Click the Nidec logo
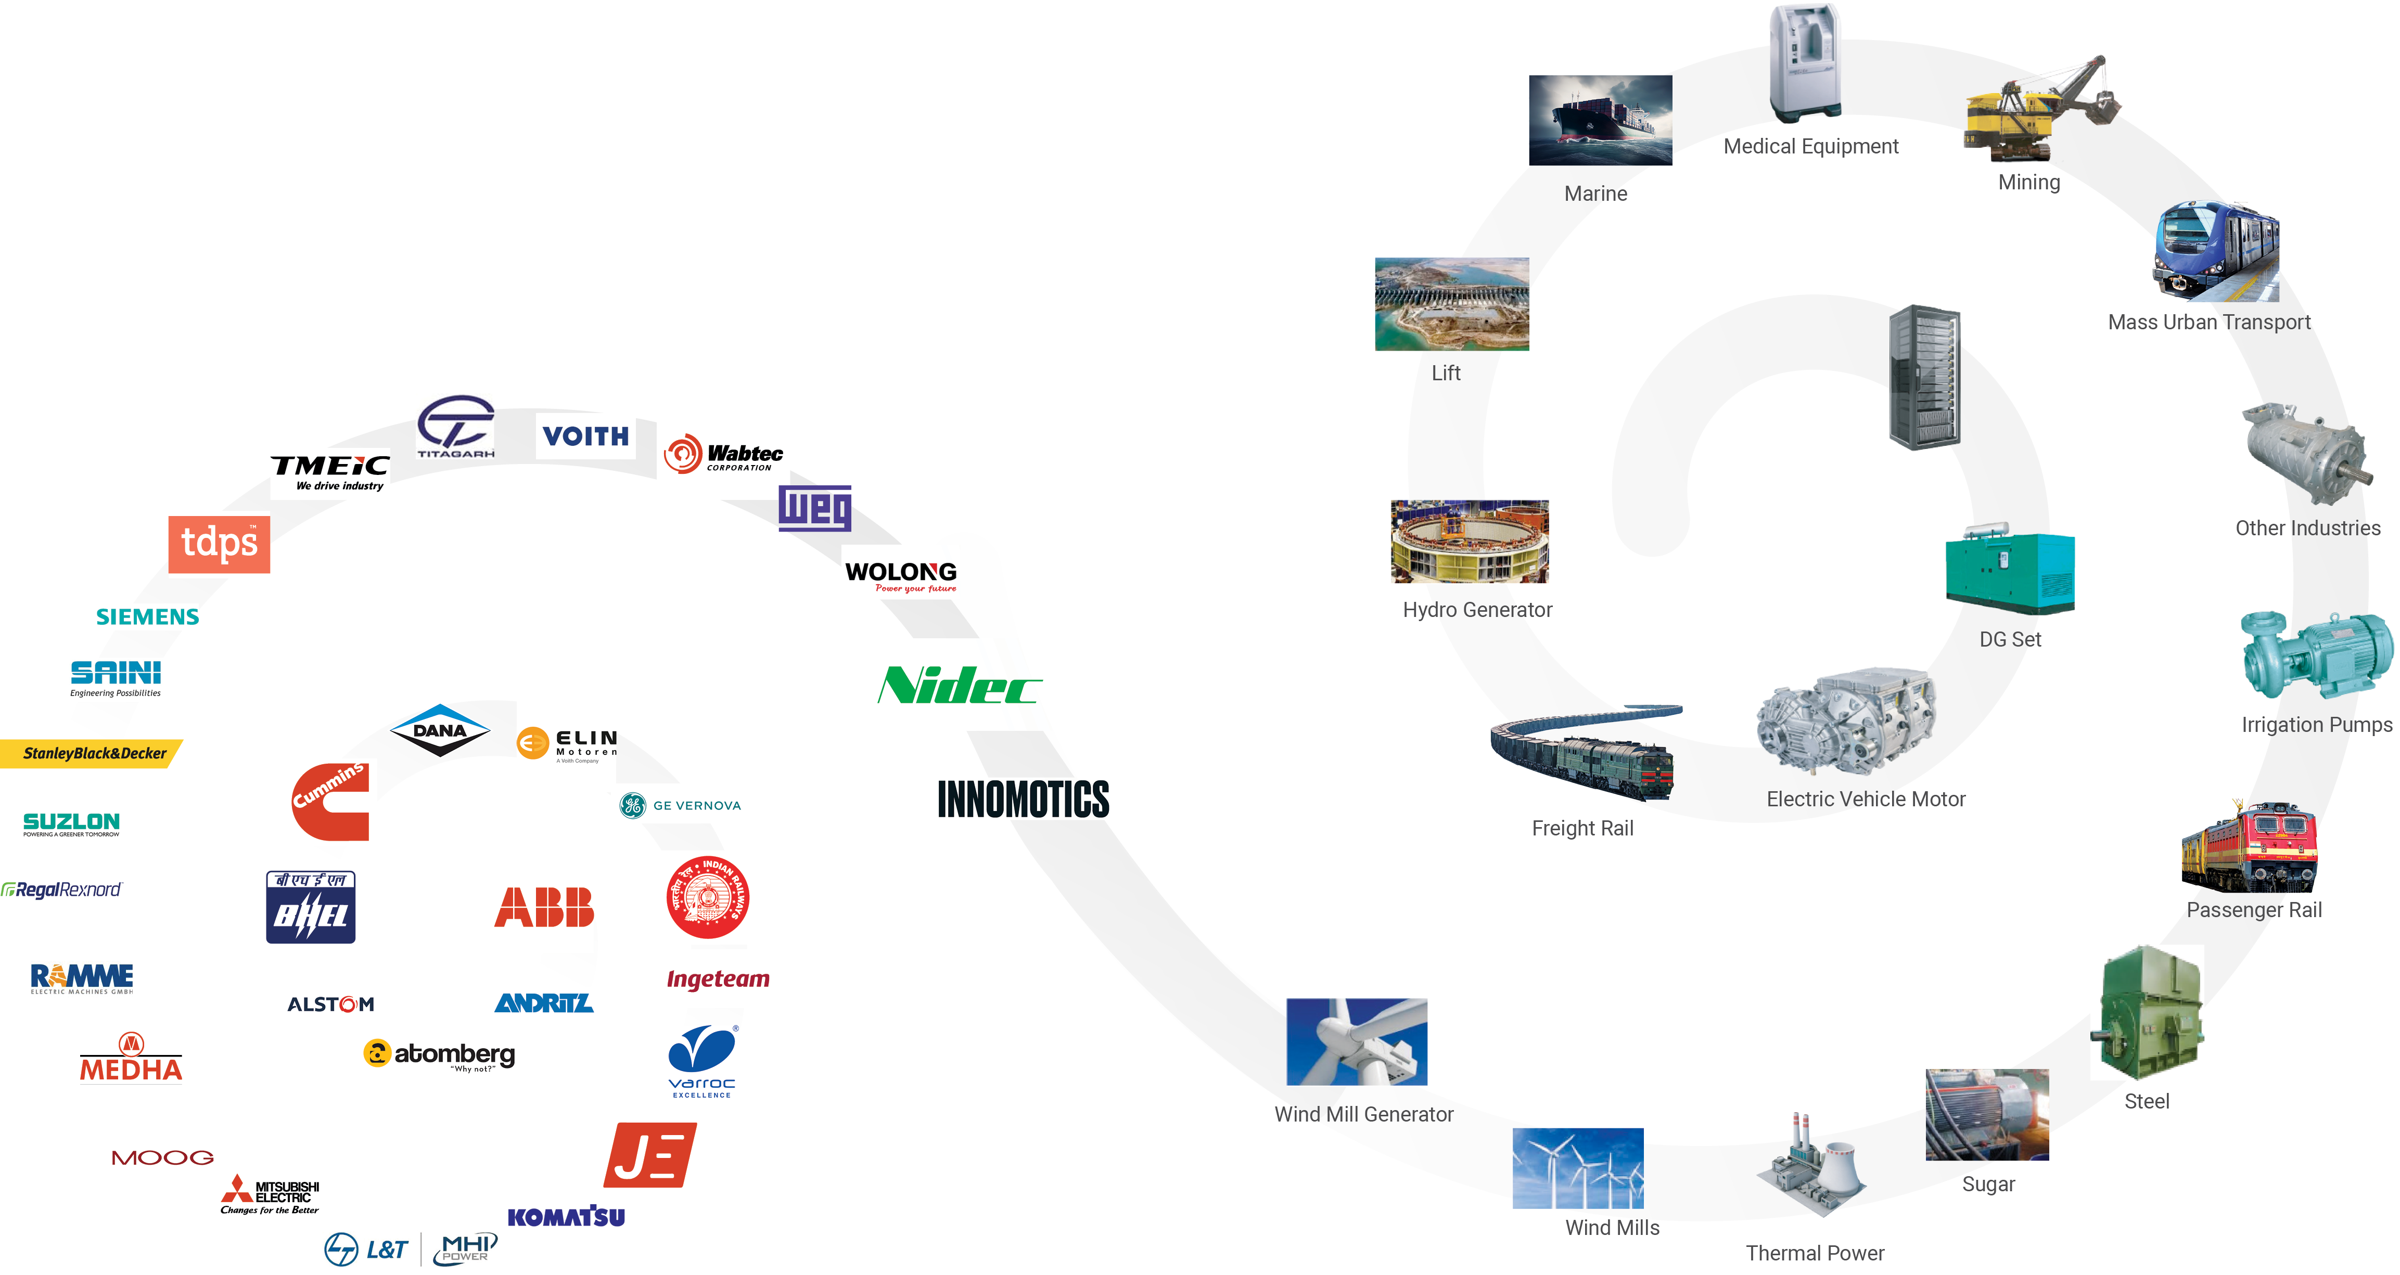[x=960, y=686]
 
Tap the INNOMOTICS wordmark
[x=1023, y=799]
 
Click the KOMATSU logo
[x=567, y=1216]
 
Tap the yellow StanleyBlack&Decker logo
[x=93, y=753]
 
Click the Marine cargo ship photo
[x=1600, y=120]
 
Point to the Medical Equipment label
[x=1810, y=146]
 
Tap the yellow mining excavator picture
[x=2040, y=110]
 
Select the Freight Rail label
[x=1582, y=828]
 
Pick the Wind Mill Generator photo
[x=1357, y=1042]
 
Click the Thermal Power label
[x=1814, y=1253]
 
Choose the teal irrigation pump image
[x=2315, y=656]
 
